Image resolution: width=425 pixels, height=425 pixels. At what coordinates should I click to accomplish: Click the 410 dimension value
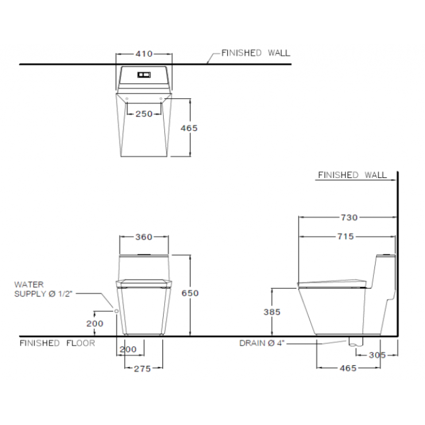[144, 54]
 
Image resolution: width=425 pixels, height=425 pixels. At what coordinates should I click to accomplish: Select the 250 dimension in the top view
[144, 114]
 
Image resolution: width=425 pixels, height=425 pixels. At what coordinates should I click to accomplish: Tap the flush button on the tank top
[144, 75]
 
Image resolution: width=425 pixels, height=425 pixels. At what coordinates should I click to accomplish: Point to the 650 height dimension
[190, 293]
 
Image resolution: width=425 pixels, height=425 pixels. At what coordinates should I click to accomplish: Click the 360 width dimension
[144, 237]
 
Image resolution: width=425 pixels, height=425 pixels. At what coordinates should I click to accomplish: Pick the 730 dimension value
[349, 217]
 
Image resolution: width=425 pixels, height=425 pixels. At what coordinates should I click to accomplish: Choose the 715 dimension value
[346, 237]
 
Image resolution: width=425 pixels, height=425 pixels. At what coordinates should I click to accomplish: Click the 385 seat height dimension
[272, 312]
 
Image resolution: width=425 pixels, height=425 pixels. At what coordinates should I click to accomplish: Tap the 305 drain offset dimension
[377, 355]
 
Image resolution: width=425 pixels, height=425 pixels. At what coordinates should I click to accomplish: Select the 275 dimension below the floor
[142, 369]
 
